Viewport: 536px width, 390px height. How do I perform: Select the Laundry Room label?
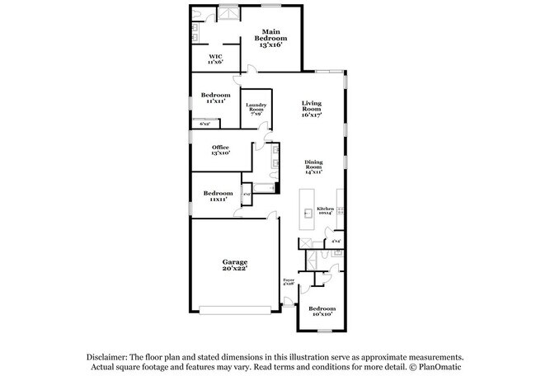[254, 108]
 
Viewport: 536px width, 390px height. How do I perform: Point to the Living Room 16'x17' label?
[311, 108]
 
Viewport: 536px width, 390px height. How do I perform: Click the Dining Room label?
[313, 166]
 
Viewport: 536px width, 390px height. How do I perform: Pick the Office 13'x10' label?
[220, 150]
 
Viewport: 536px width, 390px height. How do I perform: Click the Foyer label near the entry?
[289, 282]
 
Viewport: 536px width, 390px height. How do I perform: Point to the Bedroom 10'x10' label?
[321, 311]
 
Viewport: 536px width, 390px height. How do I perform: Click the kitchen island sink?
[308, 214]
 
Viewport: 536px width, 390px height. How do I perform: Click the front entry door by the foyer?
[288, 305]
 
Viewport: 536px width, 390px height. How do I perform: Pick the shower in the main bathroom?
[225, 16]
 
